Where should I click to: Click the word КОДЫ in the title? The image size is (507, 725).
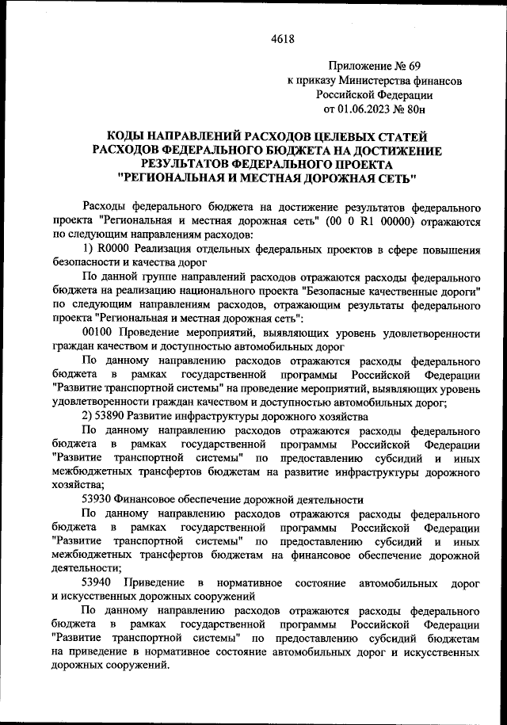coord(126,135)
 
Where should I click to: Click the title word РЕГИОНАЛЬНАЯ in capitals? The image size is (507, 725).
coord(173,178)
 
